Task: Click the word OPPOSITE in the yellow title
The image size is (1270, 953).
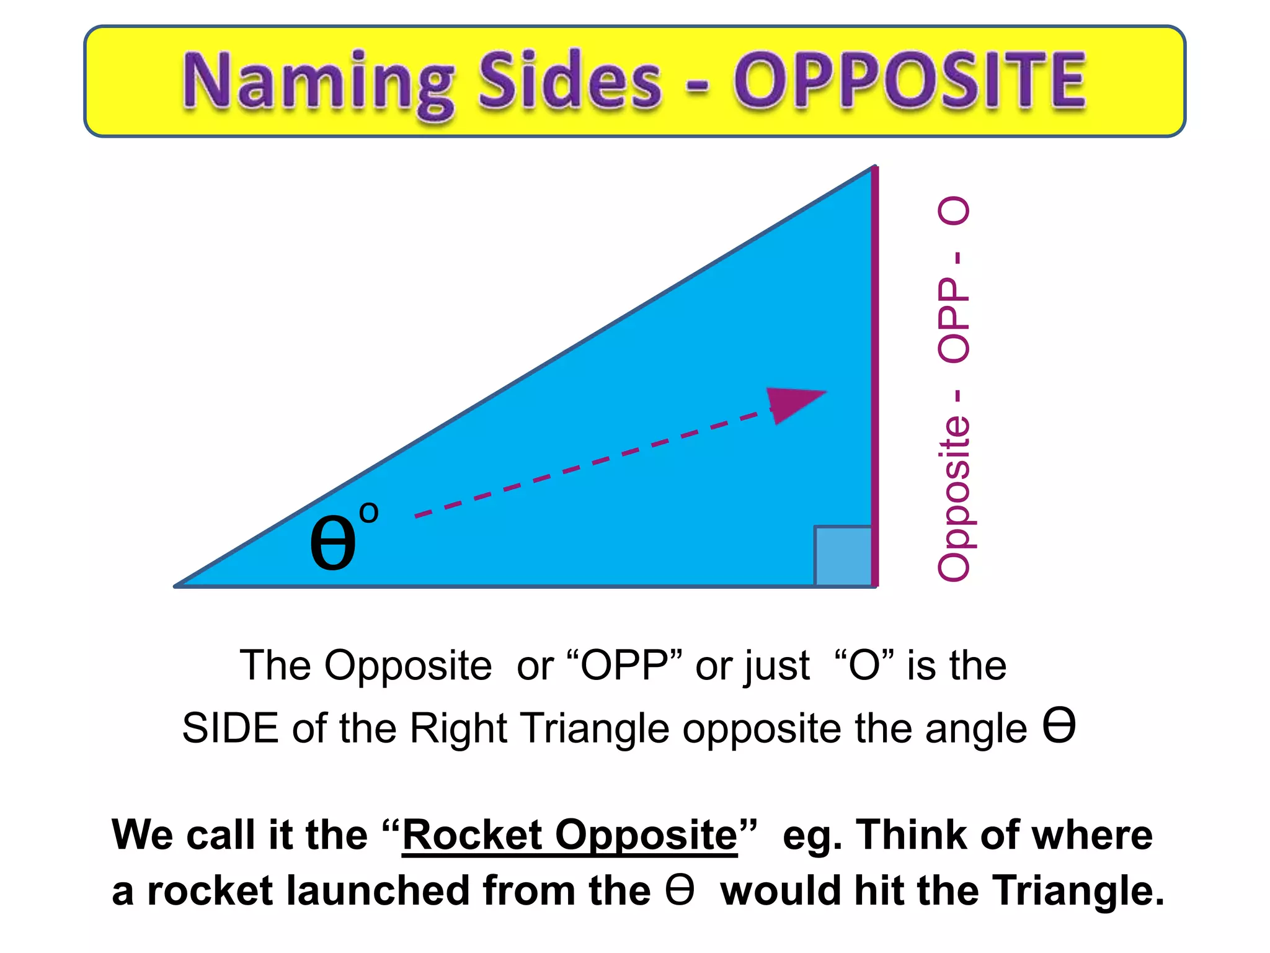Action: pos(910,81)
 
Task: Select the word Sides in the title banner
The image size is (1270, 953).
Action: pos(571,81)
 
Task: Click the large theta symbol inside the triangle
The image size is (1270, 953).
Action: pos(333,543)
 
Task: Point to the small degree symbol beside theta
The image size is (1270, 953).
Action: pos(368,512)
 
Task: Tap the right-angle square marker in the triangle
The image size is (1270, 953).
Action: pos(843,555)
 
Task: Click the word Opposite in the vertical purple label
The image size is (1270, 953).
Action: pos(954,499)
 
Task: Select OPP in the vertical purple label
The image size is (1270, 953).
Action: pos(954,320)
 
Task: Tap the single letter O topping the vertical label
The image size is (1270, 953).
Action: pos(954,212)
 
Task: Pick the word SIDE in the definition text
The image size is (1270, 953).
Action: pos(230,728)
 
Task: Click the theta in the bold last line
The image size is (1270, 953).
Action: pos(679,890)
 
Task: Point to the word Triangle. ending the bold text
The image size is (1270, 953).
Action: pos(1078,891)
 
